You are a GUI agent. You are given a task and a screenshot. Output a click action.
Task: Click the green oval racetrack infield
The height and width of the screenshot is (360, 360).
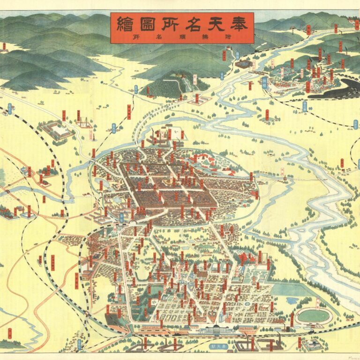(x=313, y=315)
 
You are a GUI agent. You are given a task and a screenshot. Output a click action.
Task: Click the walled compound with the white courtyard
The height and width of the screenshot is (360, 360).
(x=58, y=129)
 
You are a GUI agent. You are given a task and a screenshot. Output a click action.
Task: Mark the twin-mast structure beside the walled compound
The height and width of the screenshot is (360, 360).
(x=85, y=122)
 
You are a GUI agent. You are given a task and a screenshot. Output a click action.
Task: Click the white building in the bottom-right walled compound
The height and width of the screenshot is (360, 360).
(x=312, y=345)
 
